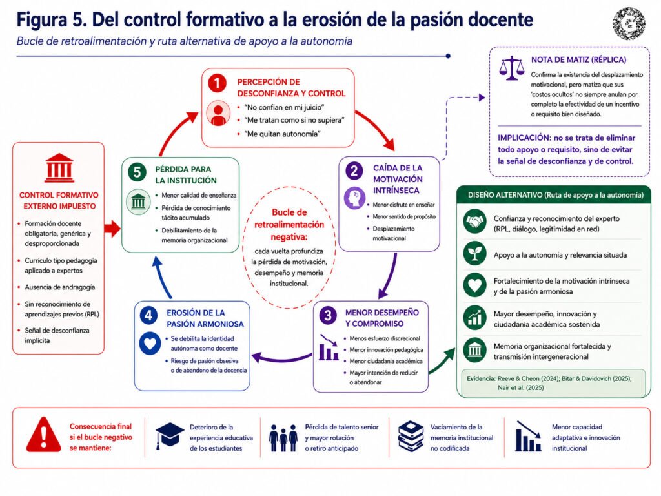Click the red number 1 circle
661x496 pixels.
click(217, 83)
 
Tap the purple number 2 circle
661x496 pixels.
click(354, 170)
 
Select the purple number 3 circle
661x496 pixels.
click(327, 315)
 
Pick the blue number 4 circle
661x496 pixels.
click(148, 315)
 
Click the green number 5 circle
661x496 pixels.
click(137, 172)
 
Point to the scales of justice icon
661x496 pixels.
click(511, 68)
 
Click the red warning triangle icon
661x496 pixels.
click(43, 435)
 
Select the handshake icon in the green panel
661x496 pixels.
click(474, 222)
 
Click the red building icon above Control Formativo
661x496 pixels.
click(59, 167)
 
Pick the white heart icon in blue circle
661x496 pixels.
click(150, 344)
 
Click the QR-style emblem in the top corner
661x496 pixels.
click(629, 23)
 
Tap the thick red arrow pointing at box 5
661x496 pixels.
click(112, 229)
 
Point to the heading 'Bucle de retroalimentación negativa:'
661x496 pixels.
click(289, 224)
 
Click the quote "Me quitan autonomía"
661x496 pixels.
click(283, 134)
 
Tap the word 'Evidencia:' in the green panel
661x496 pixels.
click(481, 378)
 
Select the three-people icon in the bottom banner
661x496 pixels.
click(283, 437)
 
